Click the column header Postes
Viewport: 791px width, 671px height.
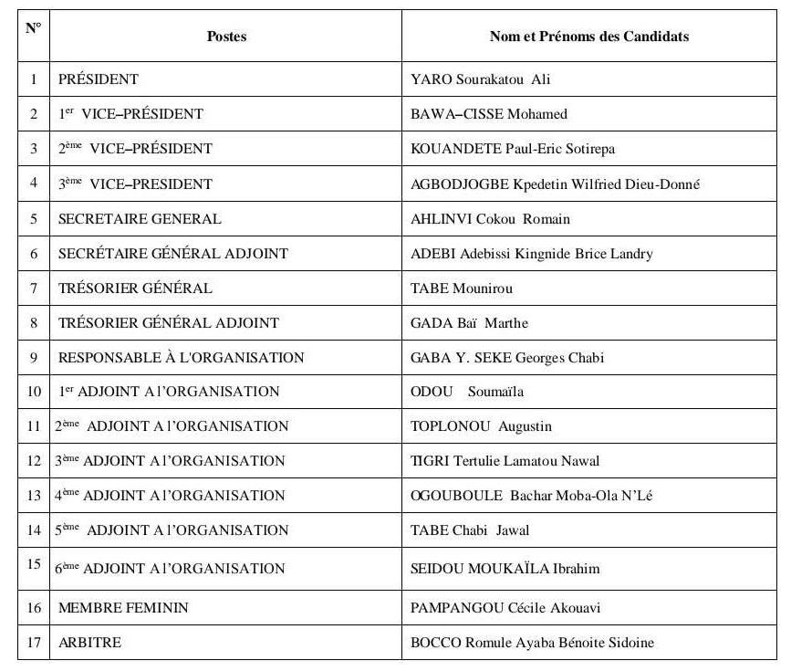(x=226, y=37)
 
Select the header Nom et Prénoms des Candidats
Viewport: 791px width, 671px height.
(x=588, y=37)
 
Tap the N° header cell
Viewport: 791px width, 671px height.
(x=33, y=28)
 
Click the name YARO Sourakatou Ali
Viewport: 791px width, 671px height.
(x=481, y=79)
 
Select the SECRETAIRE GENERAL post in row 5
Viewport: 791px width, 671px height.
(x=140, y=219)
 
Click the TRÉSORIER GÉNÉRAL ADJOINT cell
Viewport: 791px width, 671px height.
(x=168, y=322)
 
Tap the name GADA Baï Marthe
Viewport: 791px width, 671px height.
(x=469, y=322)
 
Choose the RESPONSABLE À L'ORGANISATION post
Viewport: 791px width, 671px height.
(x=181, y=357)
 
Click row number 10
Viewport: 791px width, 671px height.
(x=34, y=392)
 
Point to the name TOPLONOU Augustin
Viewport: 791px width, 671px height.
(x=481, y=426)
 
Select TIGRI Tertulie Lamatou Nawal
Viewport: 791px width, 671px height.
(x=505, y=461)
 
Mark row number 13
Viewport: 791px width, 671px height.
(x=34, y=496)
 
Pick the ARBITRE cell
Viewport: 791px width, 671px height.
(x=89, y=643)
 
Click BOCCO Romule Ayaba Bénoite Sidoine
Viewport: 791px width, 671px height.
(x=533, y=643)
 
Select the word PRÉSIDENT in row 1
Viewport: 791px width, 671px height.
(x=99, y=79)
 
